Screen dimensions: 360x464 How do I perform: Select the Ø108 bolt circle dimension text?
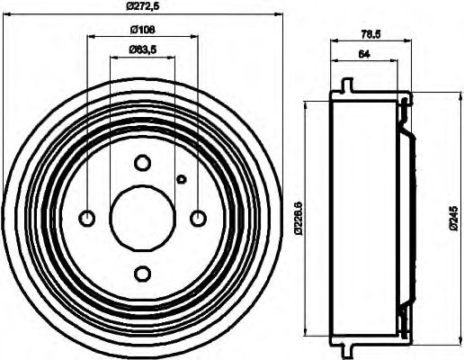pyautogui.click(x=141, y=28)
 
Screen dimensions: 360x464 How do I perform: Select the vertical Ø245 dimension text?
pyautogui.click(x=451, y=218)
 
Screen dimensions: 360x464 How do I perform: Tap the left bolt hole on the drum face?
pyautogui.click(x=87, y=218)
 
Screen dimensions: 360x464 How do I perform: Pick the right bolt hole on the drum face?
pyautogui.click(x=198, y=218)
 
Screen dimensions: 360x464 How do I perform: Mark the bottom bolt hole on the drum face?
pyautogui.click(x=142, y=273)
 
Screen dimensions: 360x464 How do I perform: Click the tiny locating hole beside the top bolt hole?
pyautogui.click(x=181, y=179)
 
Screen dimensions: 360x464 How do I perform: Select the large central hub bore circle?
pyautogui.click(x=142, y=218)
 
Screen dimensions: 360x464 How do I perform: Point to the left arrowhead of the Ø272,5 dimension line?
pyautogui.click(x=8, y=15)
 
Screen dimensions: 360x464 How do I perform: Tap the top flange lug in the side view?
pyautogui.click(x=345, y=86)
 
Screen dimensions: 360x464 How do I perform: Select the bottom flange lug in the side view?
pyautogui.click(x=345, y=349)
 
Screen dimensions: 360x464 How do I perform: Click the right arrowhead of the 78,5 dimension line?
pyautogui.click(x=409, y=40)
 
